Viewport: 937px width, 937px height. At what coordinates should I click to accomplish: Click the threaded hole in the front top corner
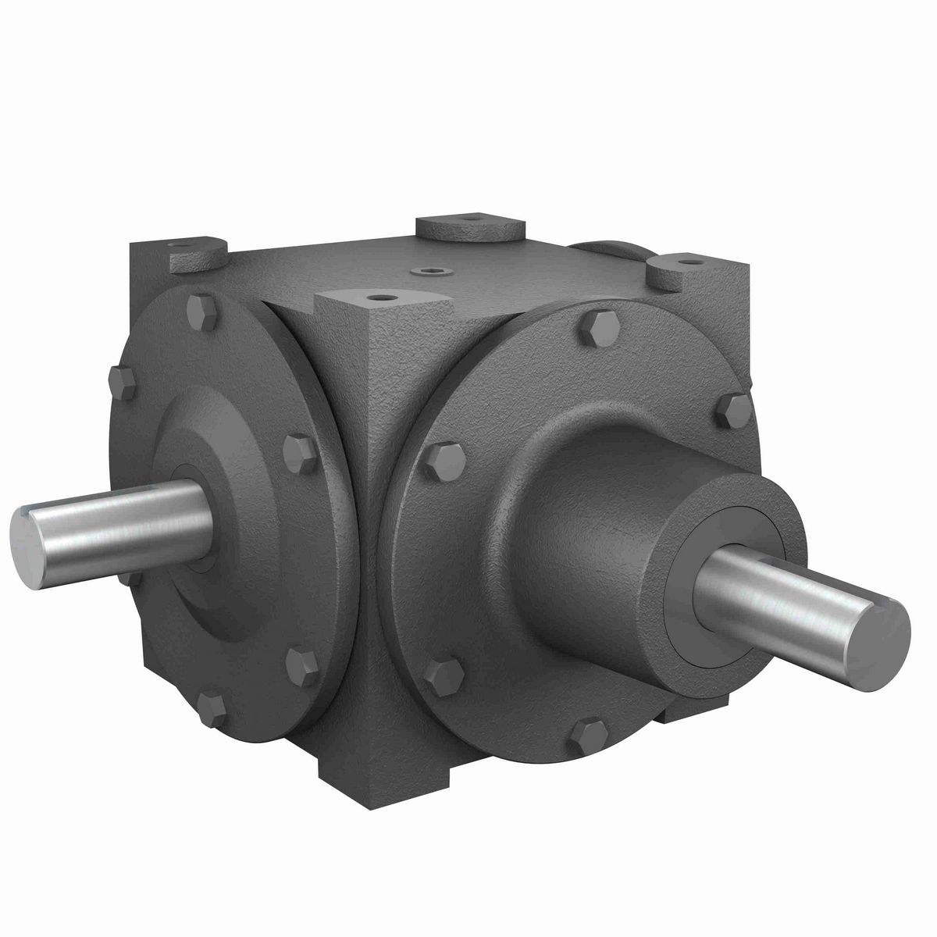click(380, 297)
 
